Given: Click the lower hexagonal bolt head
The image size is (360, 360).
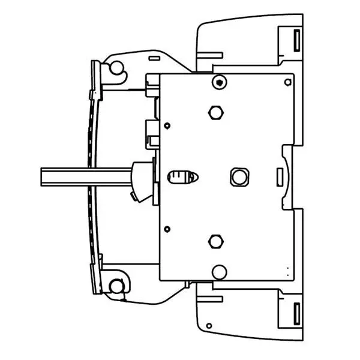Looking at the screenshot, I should pyautogui.click(x=215, y=241).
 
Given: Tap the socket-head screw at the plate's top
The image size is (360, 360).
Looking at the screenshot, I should pyautogui.click(x=220, y=82).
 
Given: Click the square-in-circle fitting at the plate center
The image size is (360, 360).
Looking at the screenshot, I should pyautogui.click(x=238, y=176).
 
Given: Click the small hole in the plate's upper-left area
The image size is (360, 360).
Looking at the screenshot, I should pyautogui.click(x=167, y=125).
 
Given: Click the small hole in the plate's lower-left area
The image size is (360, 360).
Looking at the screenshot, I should pyautogui.click(x=167, y=228).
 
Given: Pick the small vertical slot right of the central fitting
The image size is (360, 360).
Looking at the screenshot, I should pyautogui.click(x=279, y=176).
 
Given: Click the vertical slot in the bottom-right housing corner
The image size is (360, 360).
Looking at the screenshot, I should pyautogui.click(x=296, y=313).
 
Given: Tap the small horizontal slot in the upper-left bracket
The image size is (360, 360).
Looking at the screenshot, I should pyautogui.click(x=152, y=58).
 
